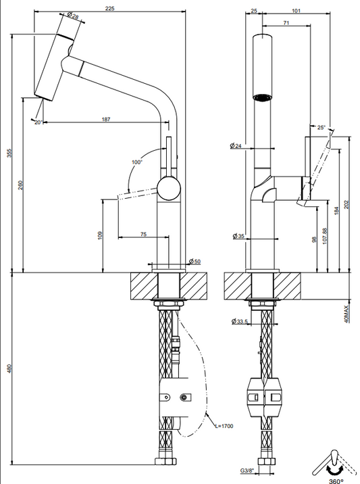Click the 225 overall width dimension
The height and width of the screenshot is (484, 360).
pos(110,8)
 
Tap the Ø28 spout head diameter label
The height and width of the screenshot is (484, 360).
pos(73,15)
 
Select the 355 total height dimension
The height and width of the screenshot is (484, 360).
pos(9,153)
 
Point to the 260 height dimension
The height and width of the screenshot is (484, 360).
pos(20,185)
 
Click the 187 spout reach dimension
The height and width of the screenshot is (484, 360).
pos(106,119)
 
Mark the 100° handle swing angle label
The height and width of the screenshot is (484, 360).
pos(137,162)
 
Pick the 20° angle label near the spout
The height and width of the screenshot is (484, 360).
pos(38,122)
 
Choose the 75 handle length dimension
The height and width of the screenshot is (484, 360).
pos(143,235)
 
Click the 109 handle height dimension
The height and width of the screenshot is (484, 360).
pos(99,236)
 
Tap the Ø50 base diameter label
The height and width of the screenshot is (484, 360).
pos(195,262)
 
